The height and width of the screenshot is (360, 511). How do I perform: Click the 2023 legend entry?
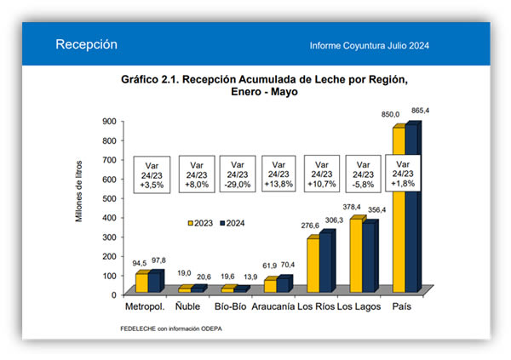[198, 222]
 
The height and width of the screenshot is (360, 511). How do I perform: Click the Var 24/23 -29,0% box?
[238, 174]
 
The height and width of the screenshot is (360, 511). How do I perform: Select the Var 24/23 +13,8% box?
[281, 174]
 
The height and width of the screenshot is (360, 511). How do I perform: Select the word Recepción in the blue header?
[85, 44]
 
